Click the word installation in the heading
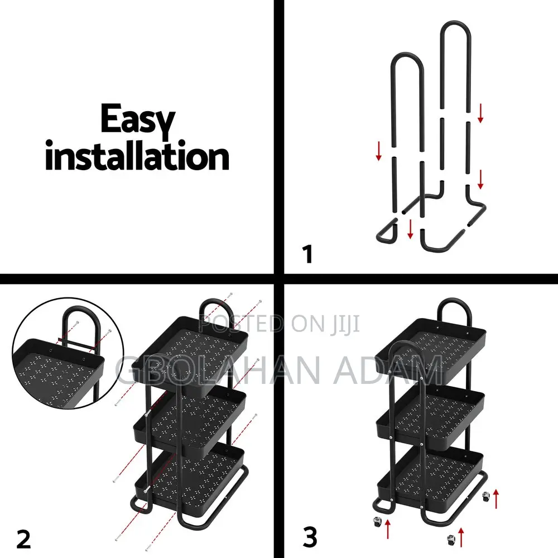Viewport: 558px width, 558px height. tap(137, 156)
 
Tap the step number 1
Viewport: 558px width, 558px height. tap(307, 254)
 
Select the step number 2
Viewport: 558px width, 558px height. tap(23, 539)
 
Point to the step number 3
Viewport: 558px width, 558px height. tap(310, 538)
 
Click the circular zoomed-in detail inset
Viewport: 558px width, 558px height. tap(68, 353)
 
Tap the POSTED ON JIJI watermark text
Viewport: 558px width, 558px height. tap(280, 324)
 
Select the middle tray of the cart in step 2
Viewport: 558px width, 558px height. tap(190, 421)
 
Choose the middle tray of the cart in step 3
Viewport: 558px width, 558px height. tap(430, 415)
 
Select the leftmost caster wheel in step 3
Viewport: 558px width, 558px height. tap(377, 522)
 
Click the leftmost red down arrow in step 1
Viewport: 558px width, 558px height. tap(379, 151)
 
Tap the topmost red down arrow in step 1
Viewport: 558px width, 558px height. tap(480, 113)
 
